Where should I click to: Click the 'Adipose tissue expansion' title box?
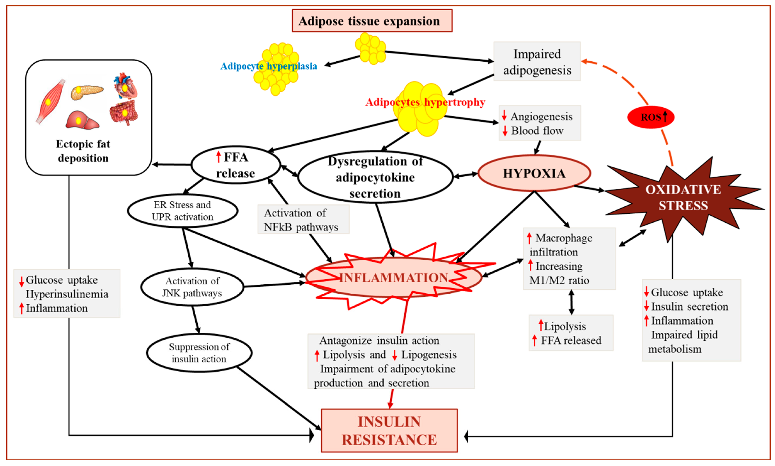(x=372, y=21)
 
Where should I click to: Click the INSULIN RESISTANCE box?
(x=389, y=430)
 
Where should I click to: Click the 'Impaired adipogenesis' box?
(x=537, y=62)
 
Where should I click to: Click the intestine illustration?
(x=124, y=112)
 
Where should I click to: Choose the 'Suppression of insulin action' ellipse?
(x=199, y=353)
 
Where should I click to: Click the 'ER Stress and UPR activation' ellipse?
(x=182, y=211)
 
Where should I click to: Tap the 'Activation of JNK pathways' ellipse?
(x=192, y=287)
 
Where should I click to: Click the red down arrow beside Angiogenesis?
(x=504, y=116)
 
